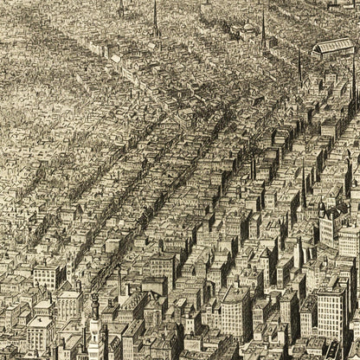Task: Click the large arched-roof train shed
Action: click(333, 46)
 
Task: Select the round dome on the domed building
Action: click(248, 29)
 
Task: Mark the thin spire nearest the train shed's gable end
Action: click(299, 65)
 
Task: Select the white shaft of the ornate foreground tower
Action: click(94, 337)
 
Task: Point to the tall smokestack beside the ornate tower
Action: click(119, 281)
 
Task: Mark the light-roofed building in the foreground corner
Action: click(39, 333)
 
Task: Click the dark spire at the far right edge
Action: click(352, 82)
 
